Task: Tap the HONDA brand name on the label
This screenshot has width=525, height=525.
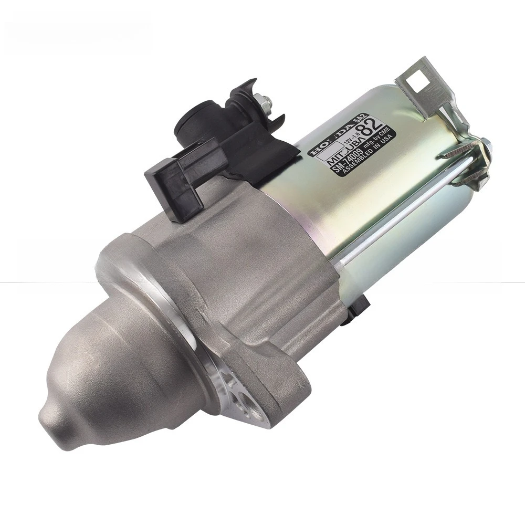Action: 327,141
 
